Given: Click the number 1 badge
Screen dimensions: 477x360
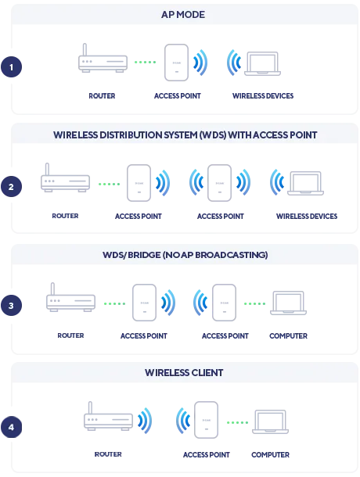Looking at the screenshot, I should tap(12, 67).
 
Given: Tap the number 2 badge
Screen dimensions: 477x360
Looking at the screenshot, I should tap(12, 187).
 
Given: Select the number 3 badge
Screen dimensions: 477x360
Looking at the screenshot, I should tap(12, 306).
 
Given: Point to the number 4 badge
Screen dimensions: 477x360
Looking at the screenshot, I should tap(12, 427).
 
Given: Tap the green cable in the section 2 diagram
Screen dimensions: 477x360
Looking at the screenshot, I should tap(110, 185).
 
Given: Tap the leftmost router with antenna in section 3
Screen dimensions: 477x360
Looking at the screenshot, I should tap(70, 301).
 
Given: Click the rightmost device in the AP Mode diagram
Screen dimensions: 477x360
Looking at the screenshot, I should tap(262, 66).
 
